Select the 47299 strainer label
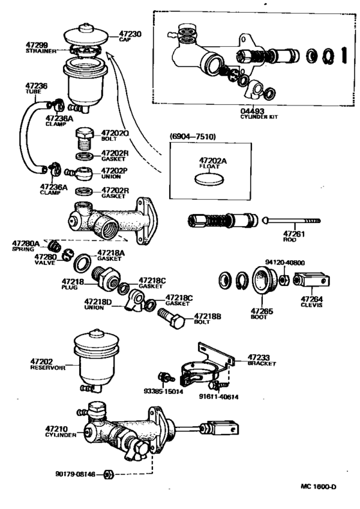pyautogui.click(x=37, y=45)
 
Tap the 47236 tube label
pyautogui.click(x=36, y=85)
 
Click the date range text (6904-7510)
pyautogui.click(x=192, y=137)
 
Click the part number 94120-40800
pyautogui.click(x=285, y=262)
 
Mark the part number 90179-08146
pyautogui.click(x=76, y=474)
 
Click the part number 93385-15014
pyautogui.click(x=163, y=391)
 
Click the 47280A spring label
pyautogui.click(x=26, y=244)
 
